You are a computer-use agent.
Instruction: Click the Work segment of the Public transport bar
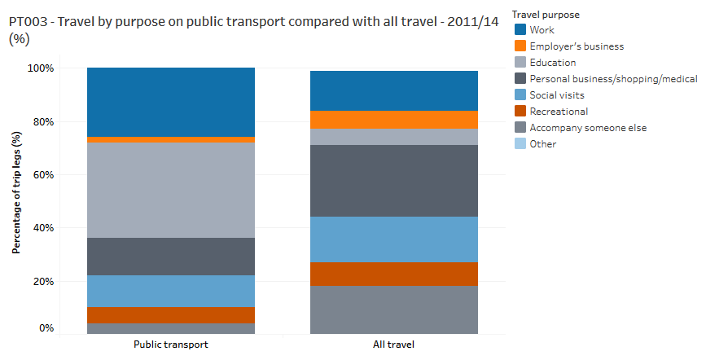click(x=171, y=102)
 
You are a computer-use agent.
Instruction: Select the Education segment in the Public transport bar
click(x=171, y=190)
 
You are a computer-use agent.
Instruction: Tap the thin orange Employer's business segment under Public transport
click(x=171, y=139)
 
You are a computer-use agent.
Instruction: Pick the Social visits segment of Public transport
click(x=171, y=291)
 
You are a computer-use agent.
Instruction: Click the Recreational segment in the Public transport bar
click(x=171, y=315)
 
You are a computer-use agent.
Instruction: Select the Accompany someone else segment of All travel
click(x=394, y=310)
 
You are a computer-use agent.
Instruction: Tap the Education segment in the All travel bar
click(x=394, y=137)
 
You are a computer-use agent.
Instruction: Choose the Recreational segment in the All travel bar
click(x=394, y=274)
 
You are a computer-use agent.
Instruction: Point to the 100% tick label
click(x=41, y=68)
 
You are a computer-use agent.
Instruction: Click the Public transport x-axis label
click(x=171, y=345)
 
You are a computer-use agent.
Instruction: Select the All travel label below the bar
click(x=394, y=345)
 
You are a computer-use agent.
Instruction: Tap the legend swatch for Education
click(x=520, y=63)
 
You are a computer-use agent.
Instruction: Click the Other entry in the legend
click(x=542, y=144)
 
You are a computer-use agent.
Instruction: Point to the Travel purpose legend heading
click(x=546, y=15)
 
